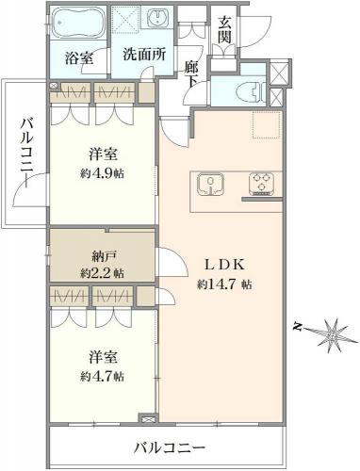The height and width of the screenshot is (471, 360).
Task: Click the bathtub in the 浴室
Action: (78, 23)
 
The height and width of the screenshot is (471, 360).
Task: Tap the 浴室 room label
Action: (79, 58)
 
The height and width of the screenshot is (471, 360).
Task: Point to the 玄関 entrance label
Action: (225, 30)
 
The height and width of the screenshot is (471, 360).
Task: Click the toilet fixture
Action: (252, 92)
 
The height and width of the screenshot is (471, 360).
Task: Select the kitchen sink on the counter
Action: (210, 185)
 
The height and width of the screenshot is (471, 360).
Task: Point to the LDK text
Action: (224, 266)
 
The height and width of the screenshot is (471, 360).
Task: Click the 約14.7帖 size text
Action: (224, 284)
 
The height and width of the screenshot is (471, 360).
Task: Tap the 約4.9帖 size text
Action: (102, 173)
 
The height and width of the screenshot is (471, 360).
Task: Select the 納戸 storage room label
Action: (103, 257)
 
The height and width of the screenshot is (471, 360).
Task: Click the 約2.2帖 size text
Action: (102, 273)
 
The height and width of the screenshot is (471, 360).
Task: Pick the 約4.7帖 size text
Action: (102, 376)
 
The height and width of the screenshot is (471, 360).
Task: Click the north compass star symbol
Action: (333, 337)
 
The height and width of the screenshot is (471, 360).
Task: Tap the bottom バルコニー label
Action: (170, 447)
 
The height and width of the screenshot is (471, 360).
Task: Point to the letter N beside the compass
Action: (296, 328)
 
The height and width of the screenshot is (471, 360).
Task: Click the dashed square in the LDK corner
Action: (266, 124)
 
